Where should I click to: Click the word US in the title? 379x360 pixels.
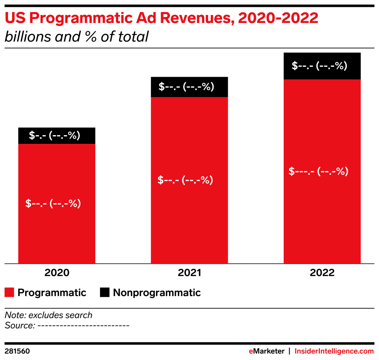(15, 18)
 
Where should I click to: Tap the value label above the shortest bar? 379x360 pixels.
(55, 135)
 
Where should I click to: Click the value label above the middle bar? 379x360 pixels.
(186, 87)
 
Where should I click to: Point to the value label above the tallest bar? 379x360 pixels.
(319, 66)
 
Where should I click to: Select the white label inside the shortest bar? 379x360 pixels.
(53, 203)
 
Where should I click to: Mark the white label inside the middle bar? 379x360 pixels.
(185, 180)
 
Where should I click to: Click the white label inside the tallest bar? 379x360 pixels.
(318, 171)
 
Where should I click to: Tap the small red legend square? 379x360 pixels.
(9, 292)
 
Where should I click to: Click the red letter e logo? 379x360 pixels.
(251, 352)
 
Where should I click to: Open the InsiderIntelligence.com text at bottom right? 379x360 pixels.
(334, 351)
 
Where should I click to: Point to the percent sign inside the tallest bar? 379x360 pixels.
(341, 171)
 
